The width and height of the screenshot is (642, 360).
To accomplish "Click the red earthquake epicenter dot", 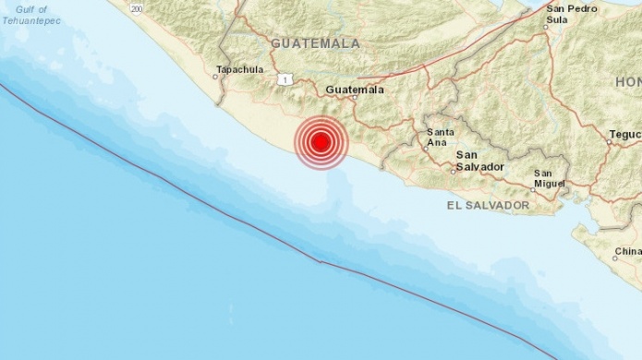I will [321, 143].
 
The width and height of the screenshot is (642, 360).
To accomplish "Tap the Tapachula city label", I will [239, 69].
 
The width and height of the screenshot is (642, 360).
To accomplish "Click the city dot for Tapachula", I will [216, 77].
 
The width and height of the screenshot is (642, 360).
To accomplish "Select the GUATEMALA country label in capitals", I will [315, 43].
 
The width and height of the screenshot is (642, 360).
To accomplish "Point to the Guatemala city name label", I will [355, 90].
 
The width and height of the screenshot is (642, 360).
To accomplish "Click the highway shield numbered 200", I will [137, 7].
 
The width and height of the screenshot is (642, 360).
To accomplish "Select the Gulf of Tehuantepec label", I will [31, 14].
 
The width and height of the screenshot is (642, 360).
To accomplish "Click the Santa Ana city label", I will [440, 138].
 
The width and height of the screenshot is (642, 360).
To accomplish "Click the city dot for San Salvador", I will [456, 170].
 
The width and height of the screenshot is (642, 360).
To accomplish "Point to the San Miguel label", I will [549, 178].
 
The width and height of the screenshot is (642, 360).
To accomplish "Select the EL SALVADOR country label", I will [488, 205].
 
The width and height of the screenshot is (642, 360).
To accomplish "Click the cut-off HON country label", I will [628, 82].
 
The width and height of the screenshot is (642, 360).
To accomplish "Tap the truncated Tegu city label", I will [625, 134].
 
